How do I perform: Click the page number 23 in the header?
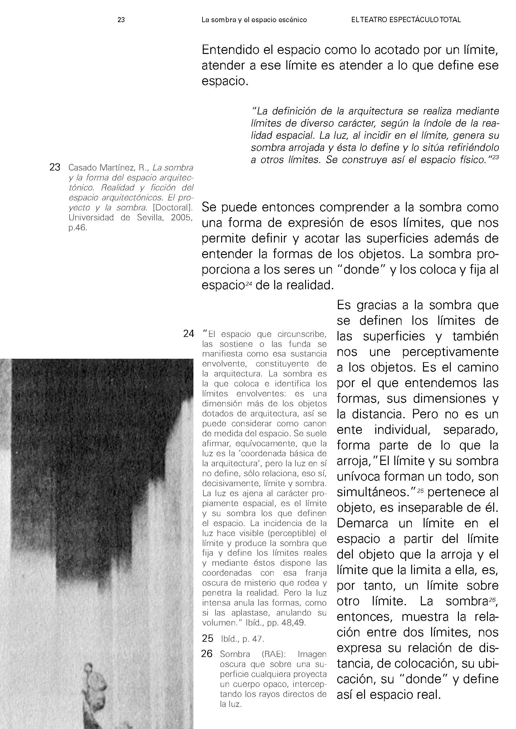121,20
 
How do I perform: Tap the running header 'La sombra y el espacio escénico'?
254,20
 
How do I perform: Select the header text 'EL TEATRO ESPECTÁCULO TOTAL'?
406,20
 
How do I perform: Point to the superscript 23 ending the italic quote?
495,157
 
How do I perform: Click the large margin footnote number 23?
55,167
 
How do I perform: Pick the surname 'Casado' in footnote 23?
82,167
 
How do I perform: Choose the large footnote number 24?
188,334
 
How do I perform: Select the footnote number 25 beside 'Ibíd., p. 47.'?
207,638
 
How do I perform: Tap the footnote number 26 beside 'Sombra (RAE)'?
207,654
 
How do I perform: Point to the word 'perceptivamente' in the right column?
450,352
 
